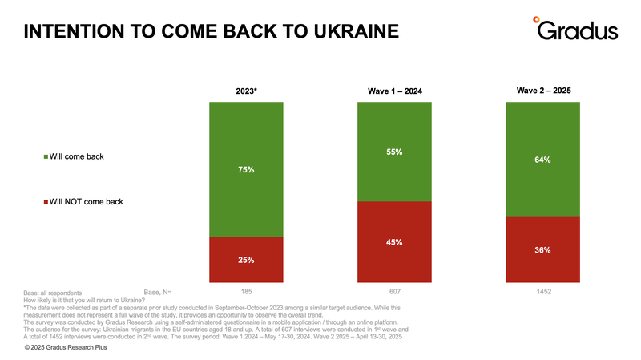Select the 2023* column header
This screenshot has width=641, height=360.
coord(247,91)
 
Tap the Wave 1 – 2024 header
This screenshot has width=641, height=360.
coord(395,91)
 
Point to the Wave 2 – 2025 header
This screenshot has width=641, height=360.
coord(543,91)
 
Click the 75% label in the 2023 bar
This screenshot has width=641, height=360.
coord(247,169)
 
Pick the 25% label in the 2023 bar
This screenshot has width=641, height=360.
coord(247,260)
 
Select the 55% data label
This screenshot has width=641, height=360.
coord(394,152)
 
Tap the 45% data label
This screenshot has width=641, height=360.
coord(394,242)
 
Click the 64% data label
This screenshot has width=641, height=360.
coord(542,160)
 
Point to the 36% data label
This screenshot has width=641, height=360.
coord(542,250)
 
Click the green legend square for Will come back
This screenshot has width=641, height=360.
coord(46,156)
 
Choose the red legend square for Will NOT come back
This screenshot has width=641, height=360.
coord(46,201)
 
